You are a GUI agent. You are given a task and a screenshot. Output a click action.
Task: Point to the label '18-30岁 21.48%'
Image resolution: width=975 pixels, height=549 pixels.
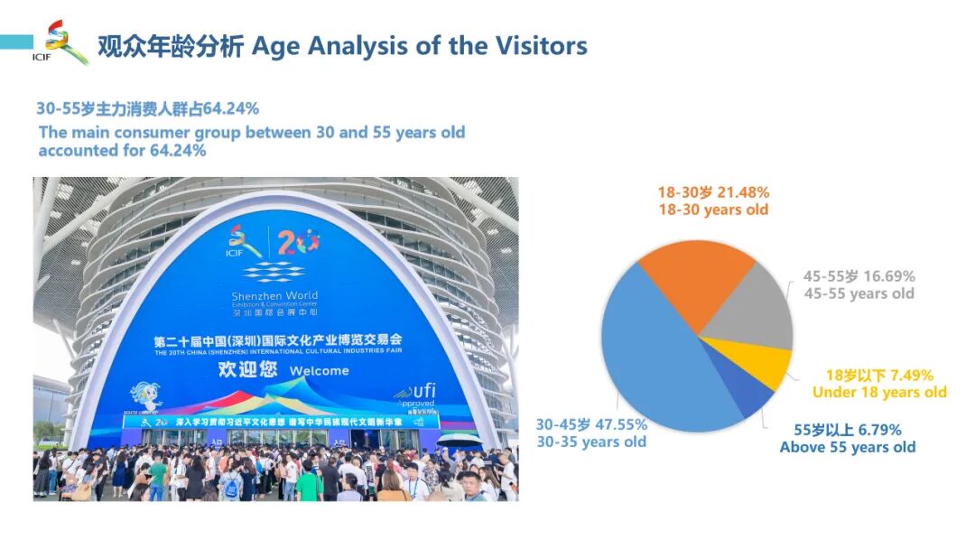coord(713,192)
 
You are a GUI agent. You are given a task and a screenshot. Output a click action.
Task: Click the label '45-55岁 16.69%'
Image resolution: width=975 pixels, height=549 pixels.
coord(859,276)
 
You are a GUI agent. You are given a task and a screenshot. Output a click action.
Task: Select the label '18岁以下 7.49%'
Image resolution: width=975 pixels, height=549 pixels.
coord(879,375)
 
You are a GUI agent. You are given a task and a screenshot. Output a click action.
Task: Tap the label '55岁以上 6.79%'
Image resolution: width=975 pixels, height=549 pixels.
coord(847,430)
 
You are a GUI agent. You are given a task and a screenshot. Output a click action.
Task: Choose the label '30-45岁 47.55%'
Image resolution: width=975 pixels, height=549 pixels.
coord(591,424)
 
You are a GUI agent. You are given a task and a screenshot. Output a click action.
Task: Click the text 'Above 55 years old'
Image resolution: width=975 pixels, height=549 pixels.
coord(848,447)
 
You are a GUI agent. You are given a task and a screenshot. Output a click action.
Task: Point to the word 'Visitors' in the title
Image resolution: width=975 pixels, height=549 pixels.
coord(538,45)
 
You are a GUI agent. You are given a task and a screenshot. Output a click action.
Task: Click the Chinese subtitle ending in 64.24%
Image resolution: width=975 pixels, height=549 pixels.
coord(147,108)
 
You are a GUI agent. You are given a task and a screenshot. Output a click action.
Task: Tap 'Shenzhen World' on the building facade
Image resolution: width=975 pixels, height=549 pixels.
coord(274,296)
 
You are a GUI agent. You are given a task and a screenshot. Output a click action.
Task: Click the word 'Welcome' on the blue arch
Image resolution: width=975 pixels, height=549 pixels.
coord(319,371)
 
